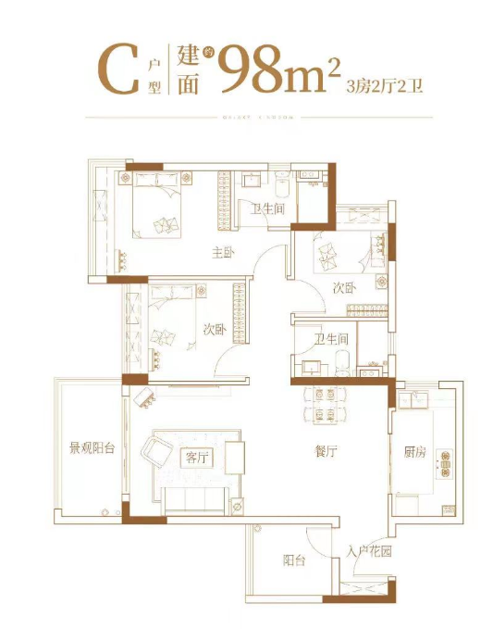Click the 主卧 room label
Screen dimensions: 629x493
(x=222, y=251)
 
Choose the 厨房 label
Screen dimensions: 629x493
(x=415, y=452)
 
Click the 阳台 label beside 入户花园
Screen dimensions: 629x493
(x=295, y=560)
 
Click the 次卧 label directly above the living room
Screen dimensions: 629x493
(x=215, y=330)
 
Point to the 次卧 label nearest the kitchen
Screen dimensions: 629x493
(x=343, y=287)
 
